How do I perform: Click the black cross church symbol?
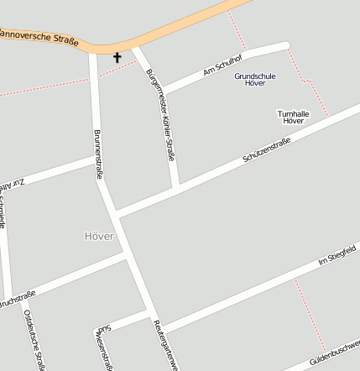(x=117, y=57)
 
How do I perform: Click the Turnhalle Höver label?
(x=293, y=117)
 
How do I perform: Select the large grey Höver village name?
(x=99, y=236)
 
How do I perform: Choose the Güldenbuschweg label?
(x=335, y=353)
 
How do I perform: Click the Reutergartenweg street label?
(x=165, y=344)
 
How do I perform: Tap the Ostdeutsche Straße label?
(x=34, y=341)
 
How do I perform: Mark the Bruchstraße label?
(x=17, y=297)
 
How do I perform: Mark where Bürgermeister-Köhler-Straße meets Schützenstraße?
(x=175, y=188)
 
